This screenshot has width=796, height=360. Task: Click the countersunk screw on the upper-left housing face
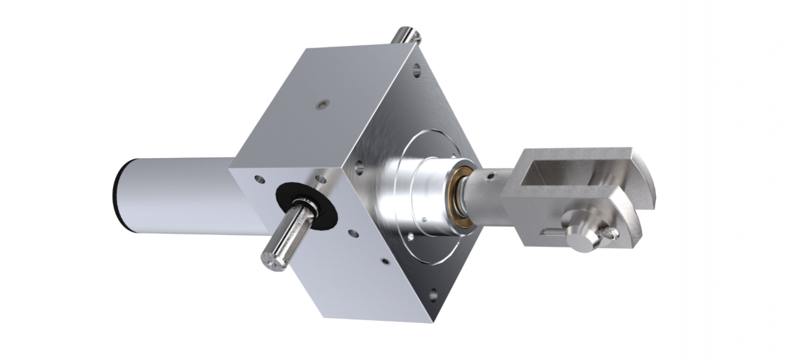pos(321,104)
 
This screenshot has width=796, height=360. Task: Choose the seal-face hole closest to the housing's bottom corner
pos(384,261)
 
